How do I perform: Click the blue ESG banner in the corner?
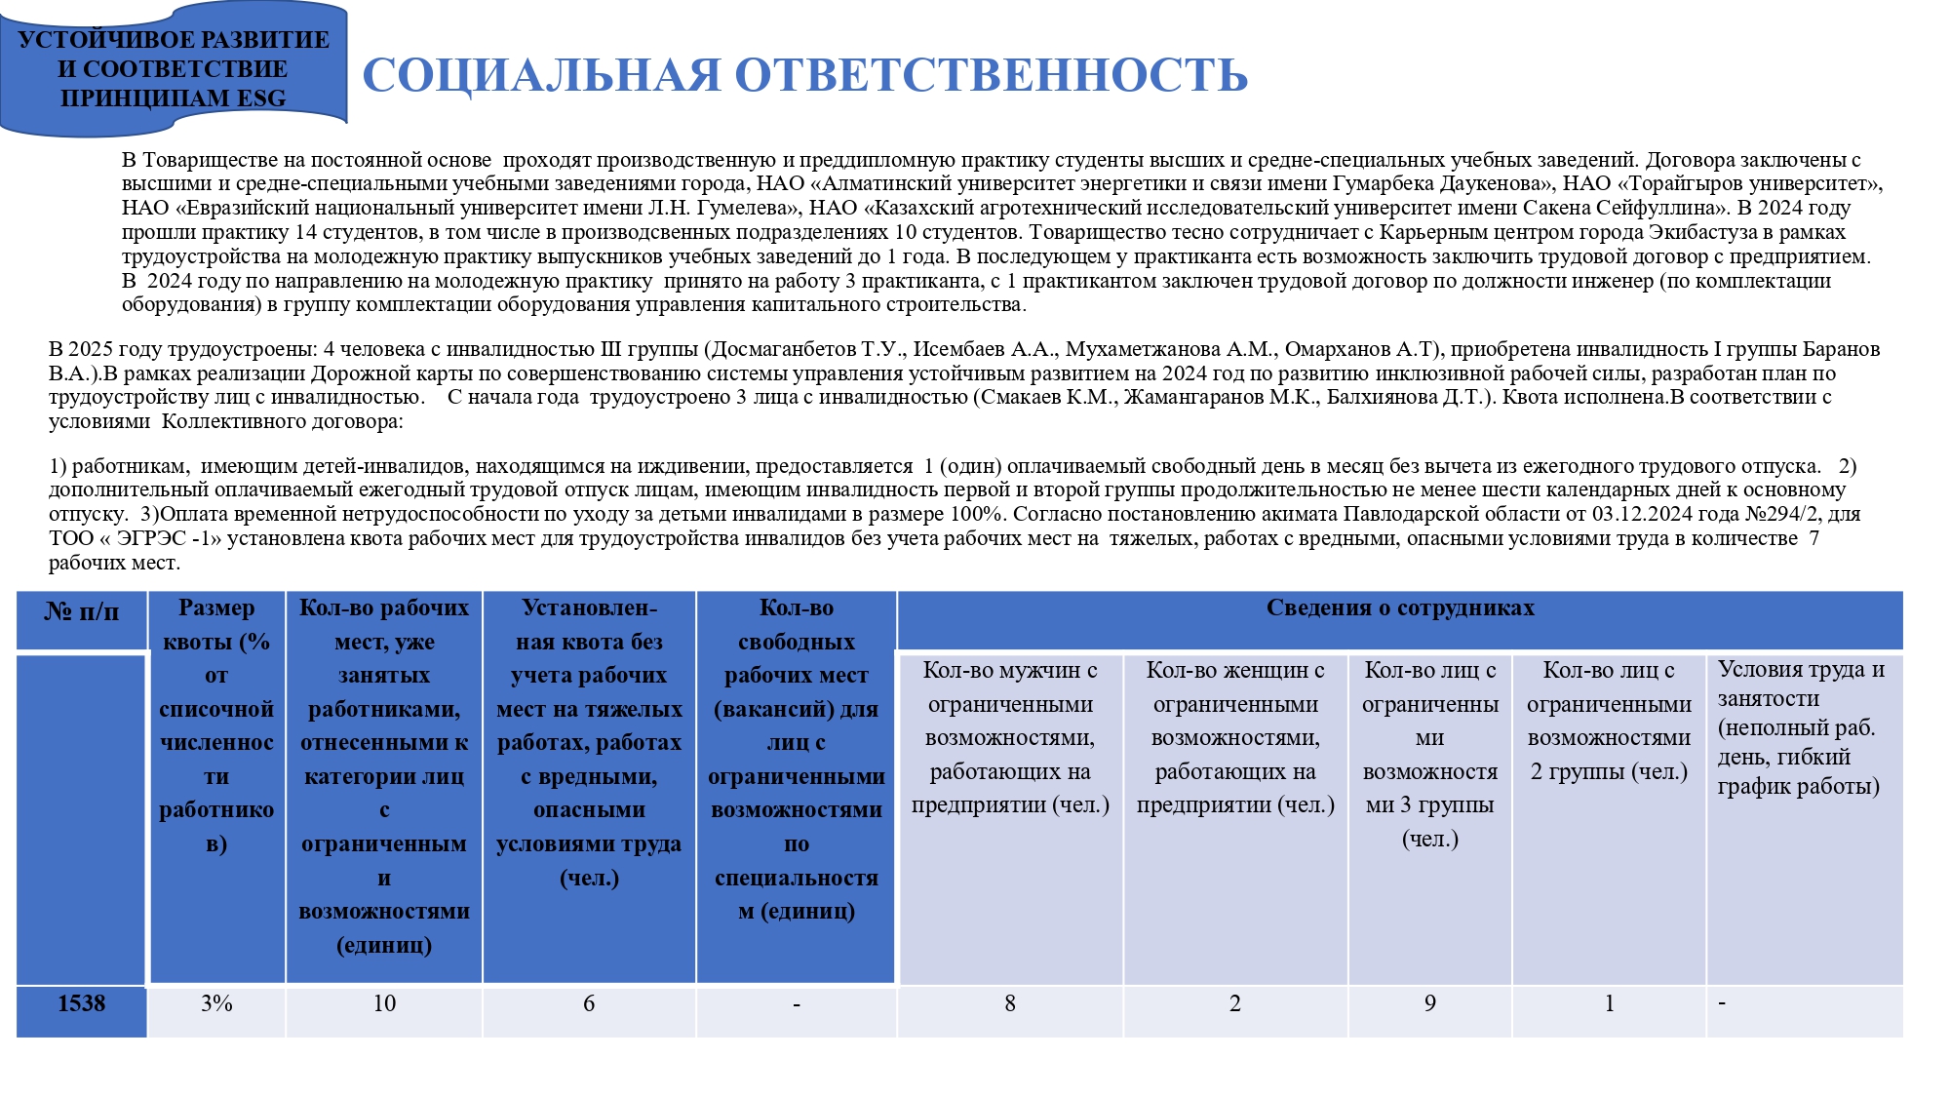point(174,68)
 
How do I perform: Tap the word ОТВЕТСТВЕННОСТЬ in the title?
point(991,75)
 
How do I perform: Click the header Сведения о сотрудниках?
point(1400,608)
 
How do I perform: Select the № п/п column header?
point(81,612)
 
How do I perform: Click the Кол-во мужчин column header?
point(1010,737)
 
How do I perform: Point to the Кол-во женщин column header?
point(1235,737)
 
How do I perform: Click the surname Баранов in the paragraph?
point(1841,349)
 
